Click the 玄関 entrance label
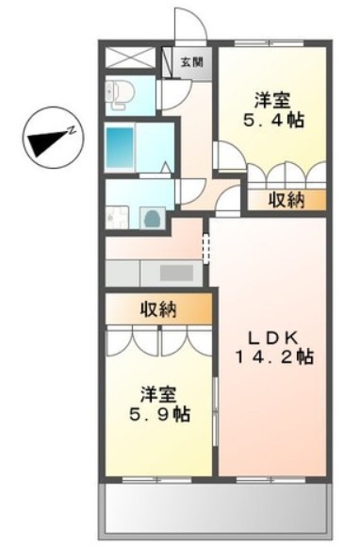click(x=188, y=62)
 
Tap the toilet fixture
click(x=120, y=92)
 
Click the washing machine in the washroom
click(x=152, y=218)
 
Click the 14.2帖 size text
click(x=274, y=357)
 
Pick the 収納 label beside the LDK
click(x=287, y=199)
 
